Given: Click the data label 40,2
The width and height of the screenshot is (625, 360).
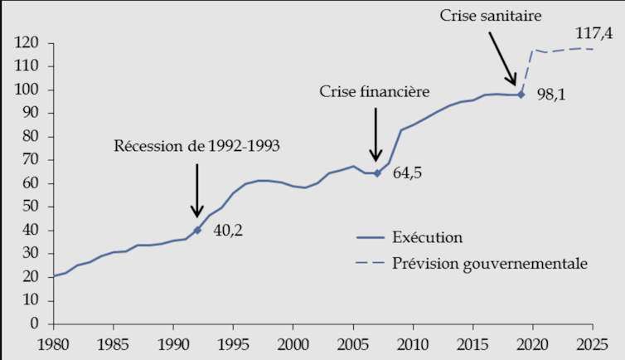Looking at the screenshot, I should click(229, 231).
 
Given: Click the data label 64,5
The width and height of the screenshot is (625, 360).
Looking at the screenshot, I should click(406, 175).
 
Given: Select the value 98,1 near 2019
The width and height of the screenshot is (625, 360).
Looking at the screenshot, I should click(550, 96).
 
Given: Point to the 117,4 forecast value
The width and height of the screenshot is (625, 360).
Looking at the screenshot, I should click(594, 34).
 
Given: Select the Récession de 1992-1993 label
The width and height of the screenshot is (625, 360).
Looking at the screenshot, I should click(197, 146).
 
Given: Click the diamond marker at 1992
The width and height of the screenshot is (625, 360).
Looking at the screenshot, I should click(197, 230).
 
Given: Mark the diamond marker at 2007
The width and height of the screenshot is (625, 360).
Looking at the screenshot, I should click(377, 173).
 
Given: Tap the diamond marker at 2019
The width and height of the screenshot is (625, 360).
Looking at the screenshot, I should click(521, 95).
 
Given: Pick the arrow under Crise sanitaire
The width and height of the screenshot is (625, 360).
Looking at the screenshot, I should click(503, 58).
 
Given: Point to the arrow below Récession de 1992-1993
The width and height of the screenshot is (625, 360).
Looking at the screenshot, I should click(197, 192).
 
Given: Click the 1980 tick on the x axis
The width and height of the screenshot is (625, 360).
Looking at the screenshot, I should click(53, 343).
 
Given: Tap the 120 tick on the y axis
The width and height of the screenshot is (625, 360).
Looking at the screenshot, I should click(30, 43).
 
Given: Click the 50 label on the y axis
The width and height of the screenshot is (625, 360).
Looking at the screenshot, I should click(34, 207).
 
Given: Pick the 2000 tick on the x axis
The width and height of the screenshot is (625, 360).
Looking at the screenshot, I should click(293, 343).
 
